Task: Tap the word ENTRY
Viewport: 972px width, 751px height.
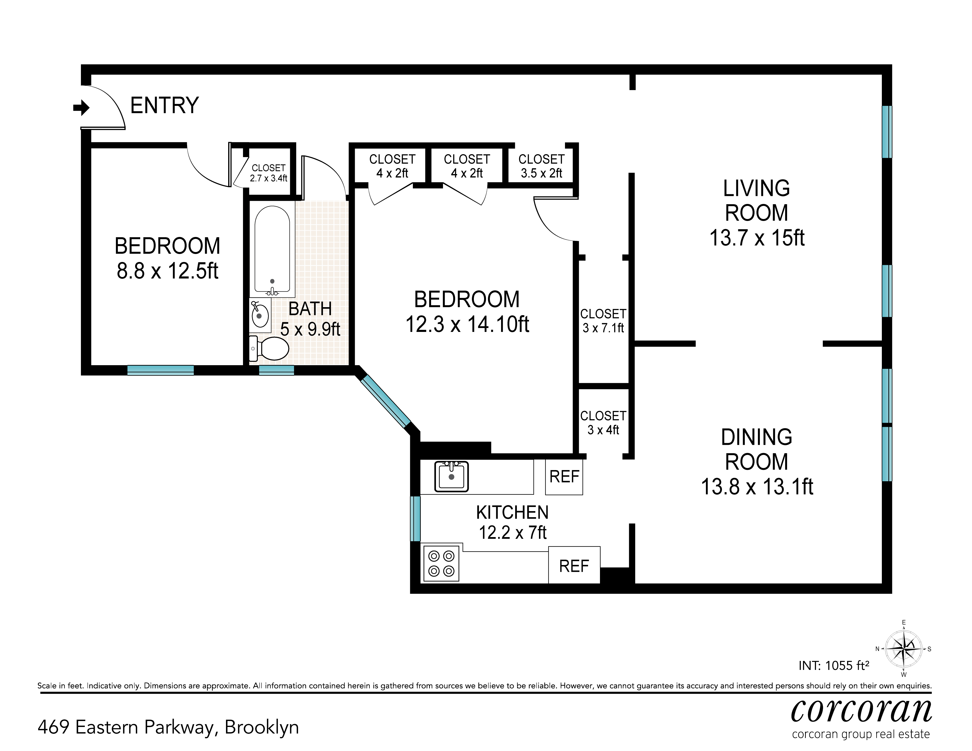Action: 164,106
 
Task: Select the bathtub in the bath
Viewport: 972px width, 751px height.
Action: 272,251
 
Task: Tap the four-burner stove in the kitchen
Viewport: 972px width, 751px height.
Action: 441,563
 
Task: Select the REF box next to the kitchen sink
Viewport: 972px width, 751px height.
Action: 564,477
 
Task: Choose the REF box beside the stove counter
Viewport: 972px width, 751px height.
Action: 574,565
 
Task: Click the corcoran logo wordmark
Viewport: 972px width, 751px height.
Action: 861,710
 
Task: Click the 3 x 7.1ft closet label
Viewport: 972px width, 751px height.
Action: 604,328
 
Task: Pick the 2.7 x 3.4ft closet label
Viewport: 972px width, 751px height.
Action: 268,178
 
